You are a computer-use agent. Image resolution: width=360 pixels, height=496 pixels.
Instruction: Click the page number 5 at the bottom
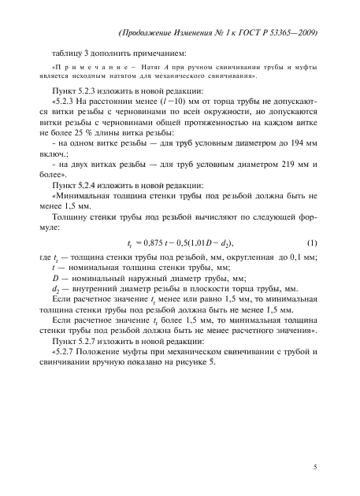coord(314,468)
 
